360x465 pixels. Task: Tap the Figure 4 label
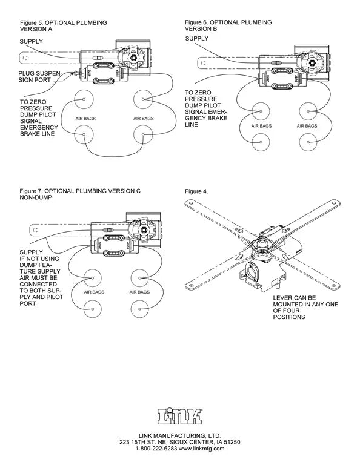(x=196, y=191)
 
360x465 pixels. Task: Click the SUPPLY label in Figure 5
(x=31, y=41)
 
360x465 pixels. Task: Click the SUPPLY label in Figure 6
(x=196, y=38)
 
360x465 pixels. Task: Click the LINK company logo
(x=180, y=416)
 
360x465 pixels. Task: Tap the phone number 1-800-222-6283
(x=155, y=449)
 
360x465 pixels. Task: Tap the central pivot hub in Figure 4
(x=264, y=243)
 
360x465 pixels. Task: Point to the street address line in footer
(x=180, y=442)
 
